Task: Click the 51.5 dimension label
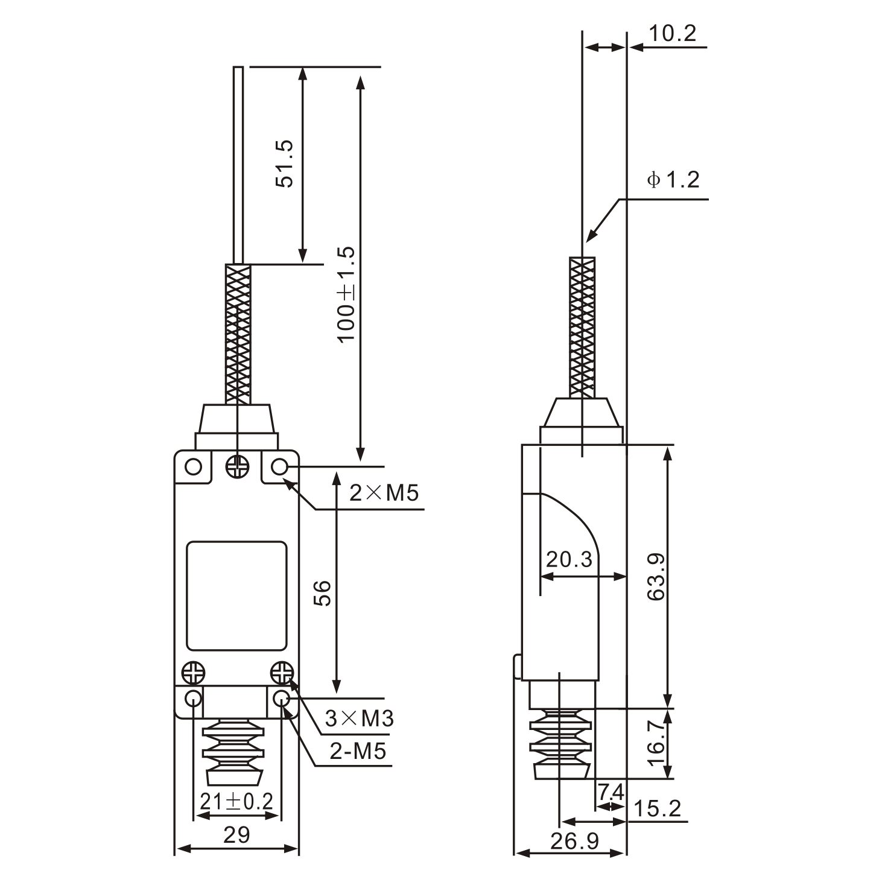click(284, 163)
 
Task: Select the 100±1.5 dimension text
click(346, 294)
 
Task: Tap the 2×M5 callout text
click(384, 493)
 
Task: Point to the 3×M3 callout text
click(359, 718)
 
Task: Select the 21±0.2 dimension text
click(236, 801)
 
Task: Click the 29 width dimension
click(236, 835)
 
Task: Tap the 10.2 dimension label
click(672, 33)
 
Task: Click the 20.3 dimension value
click(569, 560)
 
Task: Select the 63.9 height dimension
click(656, 576)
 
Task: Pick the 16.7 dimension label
click(656, 743)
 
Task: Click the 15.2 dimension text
click(658, 808)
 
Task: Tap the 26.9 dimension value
click(574, 840)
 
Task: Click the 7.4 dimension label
click(611, 791)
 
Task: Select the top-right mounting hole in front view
click(279, 467)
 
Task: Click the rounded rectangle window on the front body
click(236, 595)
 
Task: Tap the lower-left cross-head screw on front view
click(194, 672)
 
